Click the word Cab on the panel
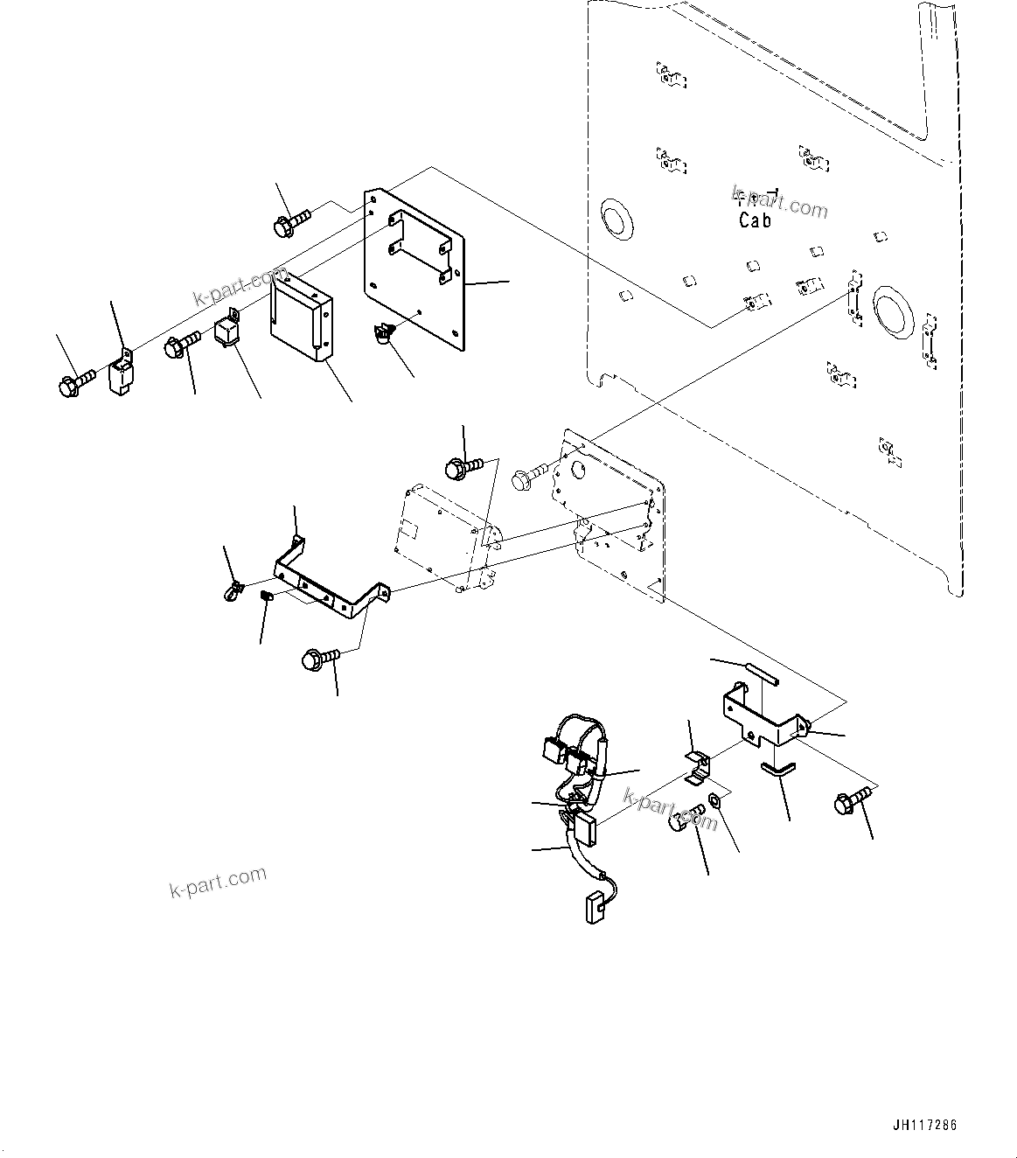coord(755,220)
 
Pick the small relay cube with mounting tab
coord(226,331)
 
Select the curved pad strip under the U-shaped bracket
coord(777,768)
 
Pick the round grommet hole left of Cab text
coord(618,218)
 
